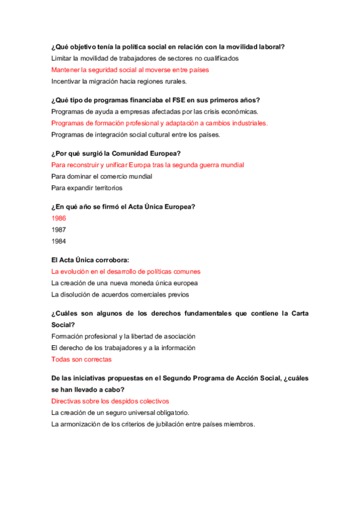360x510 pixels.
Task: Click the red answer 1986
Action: [x=59, y=218]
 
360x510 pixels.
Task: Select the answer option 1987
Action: [x=59, y=230]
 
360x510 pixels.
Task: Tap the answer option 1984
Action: [x=59, y=241]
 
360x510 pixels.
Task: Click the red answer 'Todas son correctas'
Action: [x=81, y=360]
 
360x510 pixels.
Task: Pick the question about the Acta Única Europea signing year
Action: [x=123, y=207]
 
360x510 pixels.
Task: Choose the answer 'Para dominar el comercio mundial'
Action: [x=102, y=177]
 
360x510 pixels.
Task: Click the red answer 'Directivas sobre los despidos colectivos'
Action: [x=110, y=401]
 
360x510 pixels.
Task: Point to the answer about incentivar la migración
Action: [x=119, y=81]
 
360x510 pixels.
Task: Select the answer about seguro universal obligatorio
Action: [x=120, y=412]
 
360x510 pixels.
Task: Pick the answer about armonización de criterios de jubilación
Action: [x=153, y=423]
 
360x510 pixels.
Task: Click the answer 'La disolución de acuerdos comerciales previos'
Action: [x=120, y=295]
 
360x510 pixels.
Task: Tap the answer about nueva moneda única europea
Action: [x=124, y=283]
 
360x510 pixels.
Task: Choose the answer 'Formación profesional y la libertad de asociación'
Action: [x=123, y=336]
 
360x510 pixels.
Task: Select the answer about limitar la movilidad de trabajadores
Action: [x=145, y=58]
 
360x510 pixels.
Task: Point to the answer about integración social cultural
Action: [x=136, y=135]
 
